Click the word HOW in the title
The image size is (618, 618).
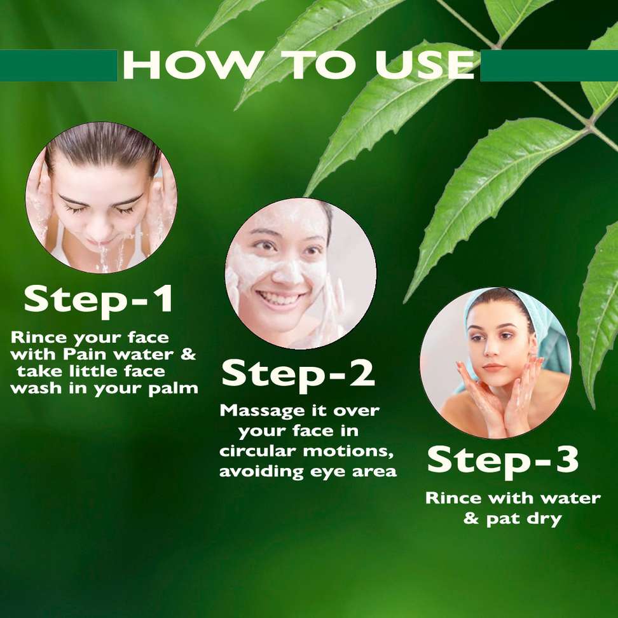pyautogui.click(x=193, y=65)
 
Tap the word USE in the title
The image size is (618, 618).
pyautogui.click(x=425, y=65)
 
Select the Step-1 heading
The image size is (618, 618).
pyautogui.click(x=99, y=299)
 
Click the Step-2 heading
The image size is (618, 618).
pyautogui.click(x=298, y=374)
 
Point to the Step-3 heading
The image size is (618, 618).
pyautogui.click(x=503, y=460)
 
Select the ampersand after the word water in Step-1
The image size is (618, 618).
pyautogui.click(x=188, y=354)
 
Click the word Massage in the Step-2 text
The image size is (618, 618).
pyautogui.click(x=264, y=411)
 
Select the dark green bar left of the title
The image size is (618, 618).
pyautogui.click(x=58, y=65)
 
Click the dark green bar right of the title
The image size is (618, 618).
pyautogui.click(x=549, y=65)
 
